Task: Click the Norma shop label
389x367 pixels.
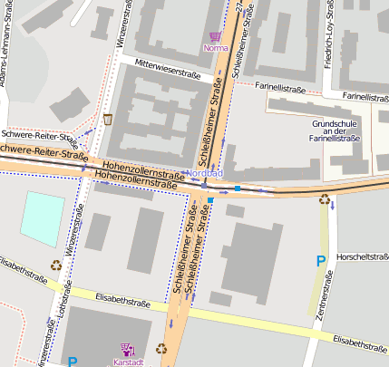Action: pyautogui.click(x=216, y=48)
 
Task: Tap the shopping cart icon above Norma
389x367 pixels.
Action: pyautogui.click(x=215, y=37)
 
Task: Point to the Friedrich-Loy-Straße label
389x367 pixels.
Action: pyautogui.click(x=354, y=40)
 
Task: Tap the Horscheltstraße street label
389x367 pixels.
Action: pyautogui.click(x=361, y=256)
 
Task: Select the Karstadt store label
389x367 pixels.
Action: pyautogui.click(x=127, y=362)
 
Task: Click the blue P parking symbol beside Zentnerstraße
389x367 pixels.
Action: pyautogui.click(x=320, y=262)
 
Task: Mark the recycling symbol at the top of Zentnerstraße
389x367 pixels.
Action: pyautogui.click(x=325, y=199)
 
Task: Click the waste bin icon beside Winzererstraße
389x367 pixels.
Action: pyautogui.click(x=108, y=119)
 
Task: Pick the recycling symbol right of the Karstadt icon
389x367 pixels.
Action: pyautogui.click(x=161, y=347)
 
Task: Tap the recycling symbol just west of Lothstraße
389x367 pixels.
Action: pyautogui.click(x=55, y=266)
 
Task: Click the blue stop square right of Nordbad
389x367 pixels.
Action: pyautogui.click(x=238, y=188)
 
